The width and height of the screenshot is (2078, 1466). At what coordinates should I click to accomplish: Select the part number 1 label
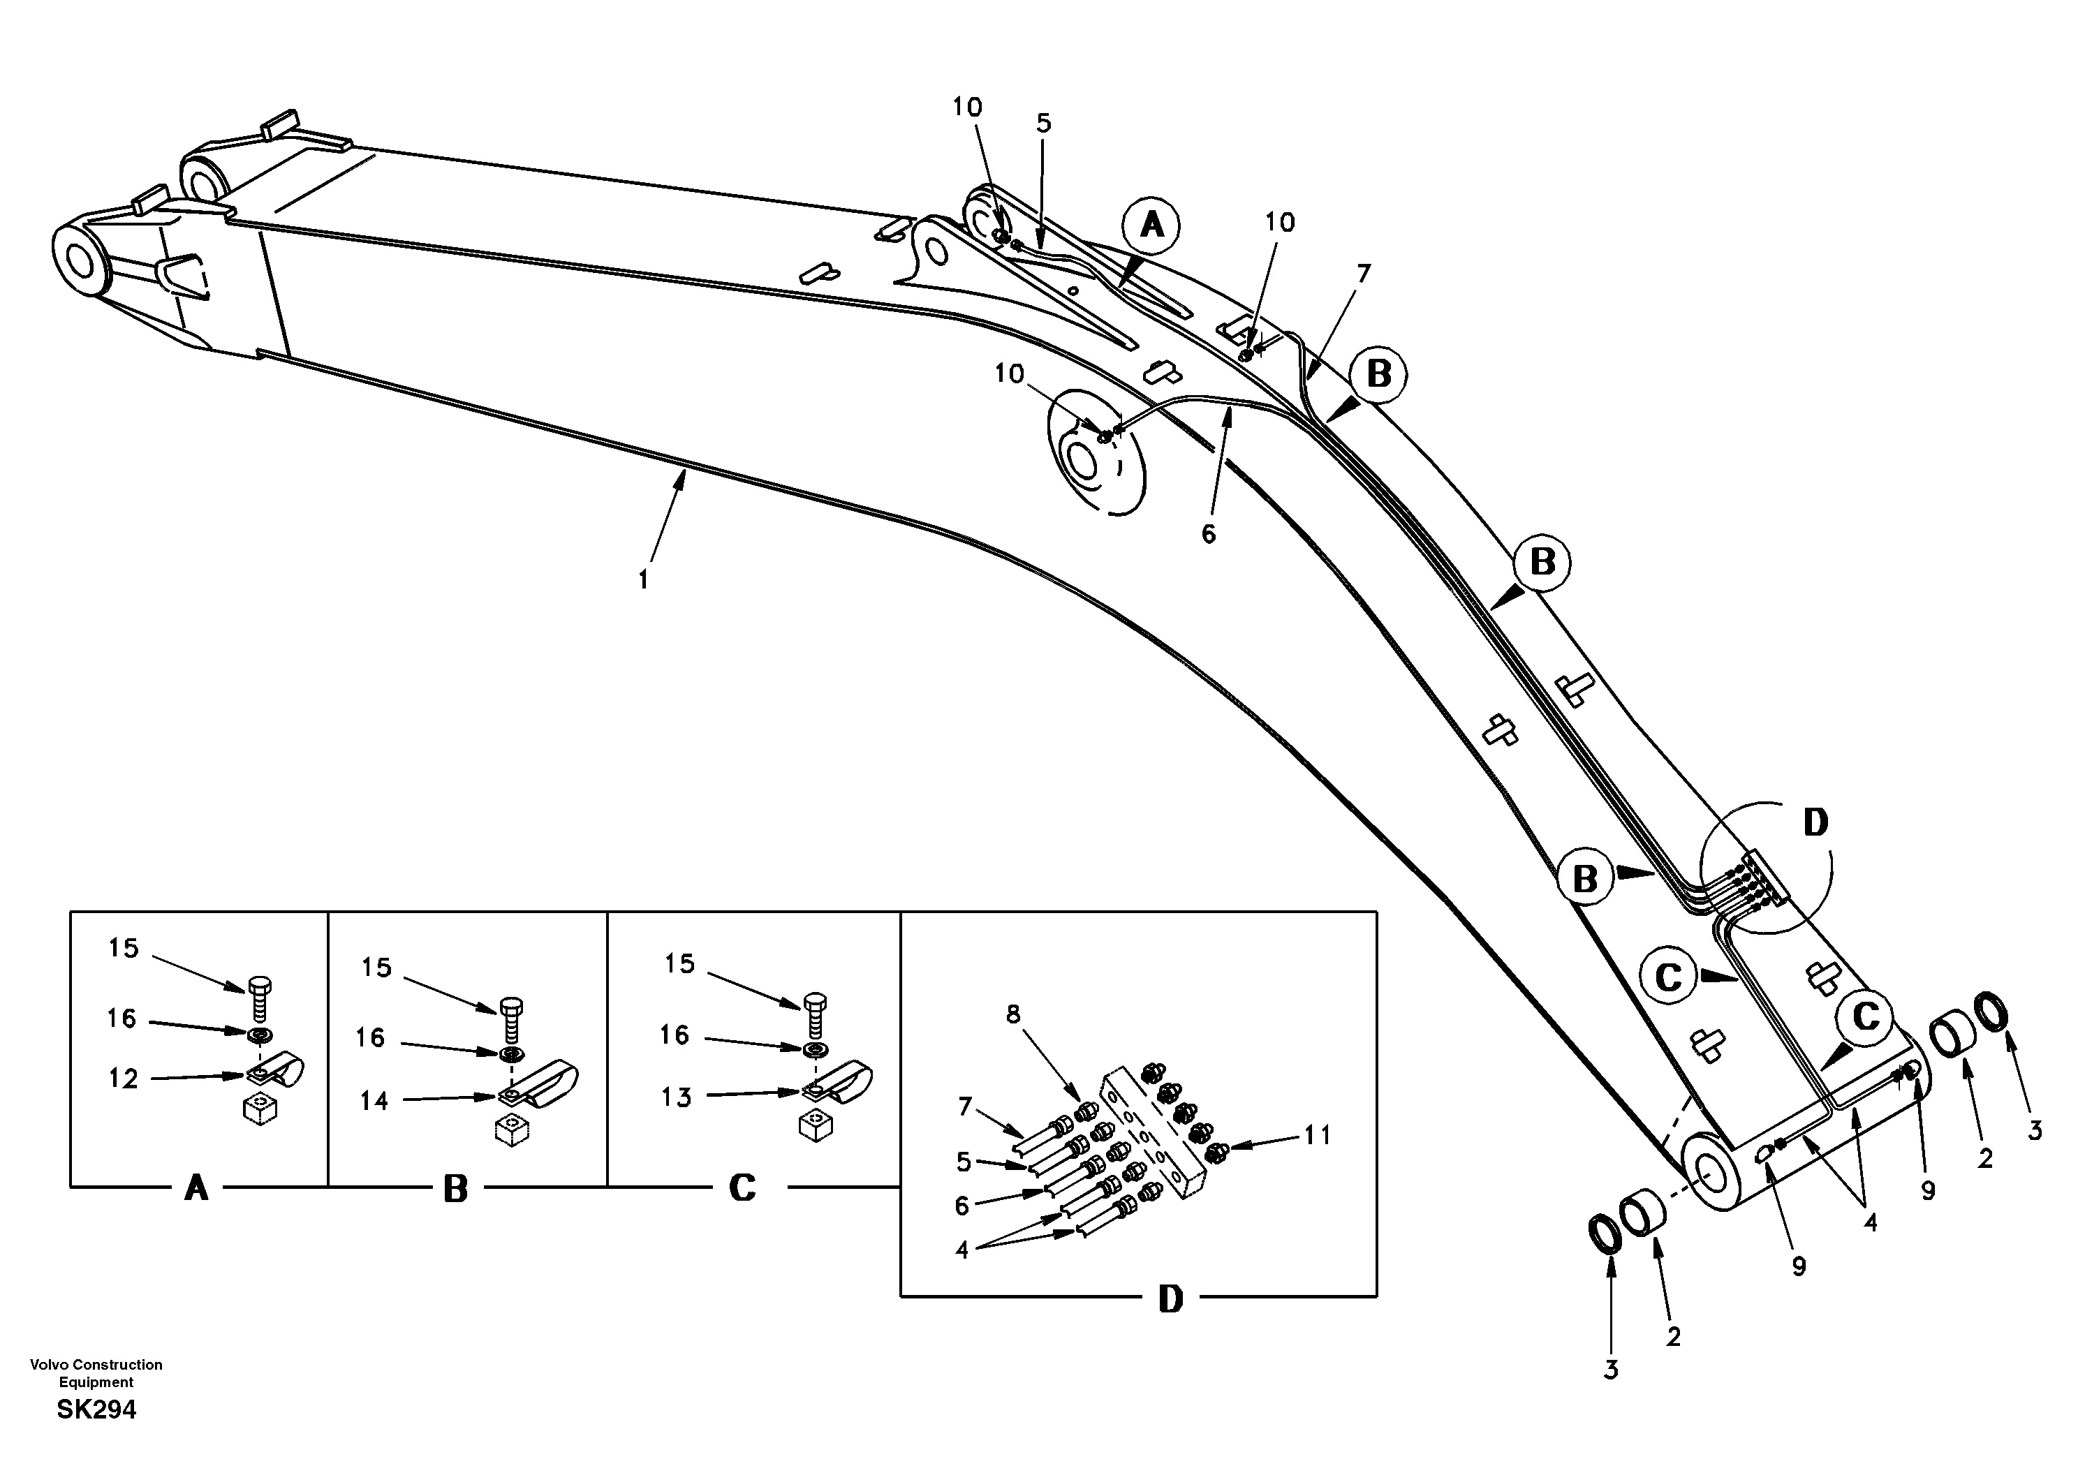pyautogui.click(x=644, y=579)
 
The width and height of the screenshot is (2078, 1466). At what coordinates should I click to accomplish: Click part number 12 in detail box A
pyautogui.click(x=123, y=1079)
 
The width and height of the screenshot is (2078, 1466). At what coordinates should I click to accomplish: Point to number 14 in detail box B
pyautogui.click(x=374, y=1100)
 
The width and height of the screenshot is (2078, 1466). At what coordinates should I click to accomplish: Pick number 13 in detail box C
pyautogui.click(x=676, y=1097)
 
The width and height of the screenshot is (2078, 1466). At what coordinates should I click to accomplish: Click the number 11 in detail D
pyautogui.click(x=1317, y=1135)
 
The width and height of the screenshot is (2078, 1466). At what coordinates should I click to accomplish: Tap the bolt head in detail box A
pyautogui.click(x=260, y=986)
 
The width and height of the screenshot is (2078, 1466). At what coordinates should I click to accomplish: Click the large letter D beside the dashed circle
pyautogui.click(x=1815, y=822)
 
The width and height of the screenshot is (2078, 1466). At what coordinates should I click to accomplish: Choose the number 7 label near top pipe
pyautogui.click(x=1363, y=272)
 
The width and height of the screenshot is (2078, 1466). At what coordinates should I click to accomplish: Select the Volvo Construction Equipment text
pyautogui.click(x=96, y=1372)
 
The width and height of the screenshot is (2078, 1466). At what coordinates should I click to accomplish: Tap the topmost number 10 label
pyautogui.click(x=966, y=107)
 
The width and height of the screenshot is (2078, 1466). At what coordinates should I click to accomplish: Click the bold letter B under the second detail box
pyautogui.click(x=455, y=1189)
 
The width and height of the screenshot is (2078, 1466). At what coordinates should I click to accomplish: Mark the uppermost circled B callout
pyautogui.click(x=1378, y=373)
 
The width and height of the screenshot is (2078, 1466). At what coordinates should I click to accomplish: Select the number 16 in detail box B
pyautogui.click(x=370, y=1037)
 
